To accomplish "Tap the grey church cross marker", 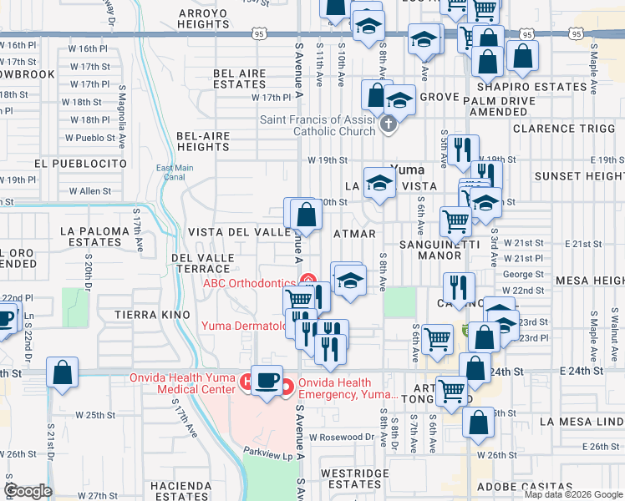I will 387,125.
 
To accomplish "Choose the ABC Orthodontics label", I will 249,282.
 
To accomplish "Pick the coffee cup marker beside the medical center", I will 267,381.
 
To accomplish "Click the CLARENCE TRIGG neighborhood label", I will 565,129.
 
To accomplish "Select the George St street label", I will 523,274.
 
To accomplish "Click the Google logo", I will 28,491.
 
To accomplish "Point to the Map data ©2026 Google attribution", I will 572,494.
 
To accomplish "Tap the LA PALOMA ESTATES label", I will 94,235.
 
